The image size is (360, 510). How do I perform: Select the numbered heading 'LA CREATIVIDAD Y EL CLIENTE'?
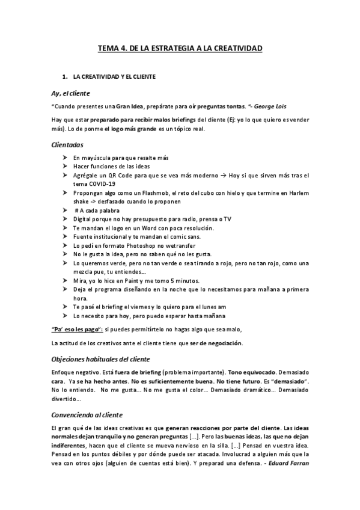point(115,77)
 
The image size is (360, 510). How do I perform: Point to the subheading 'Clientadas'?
point(67,145)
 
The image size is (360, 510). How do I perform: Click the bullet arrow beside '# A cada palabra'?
point(64,210)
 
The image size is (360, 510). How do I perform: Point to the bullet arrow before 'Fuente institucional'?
point(64,237)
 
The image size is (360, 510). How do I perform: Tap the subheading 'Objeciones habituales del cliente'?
point(100,359)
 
